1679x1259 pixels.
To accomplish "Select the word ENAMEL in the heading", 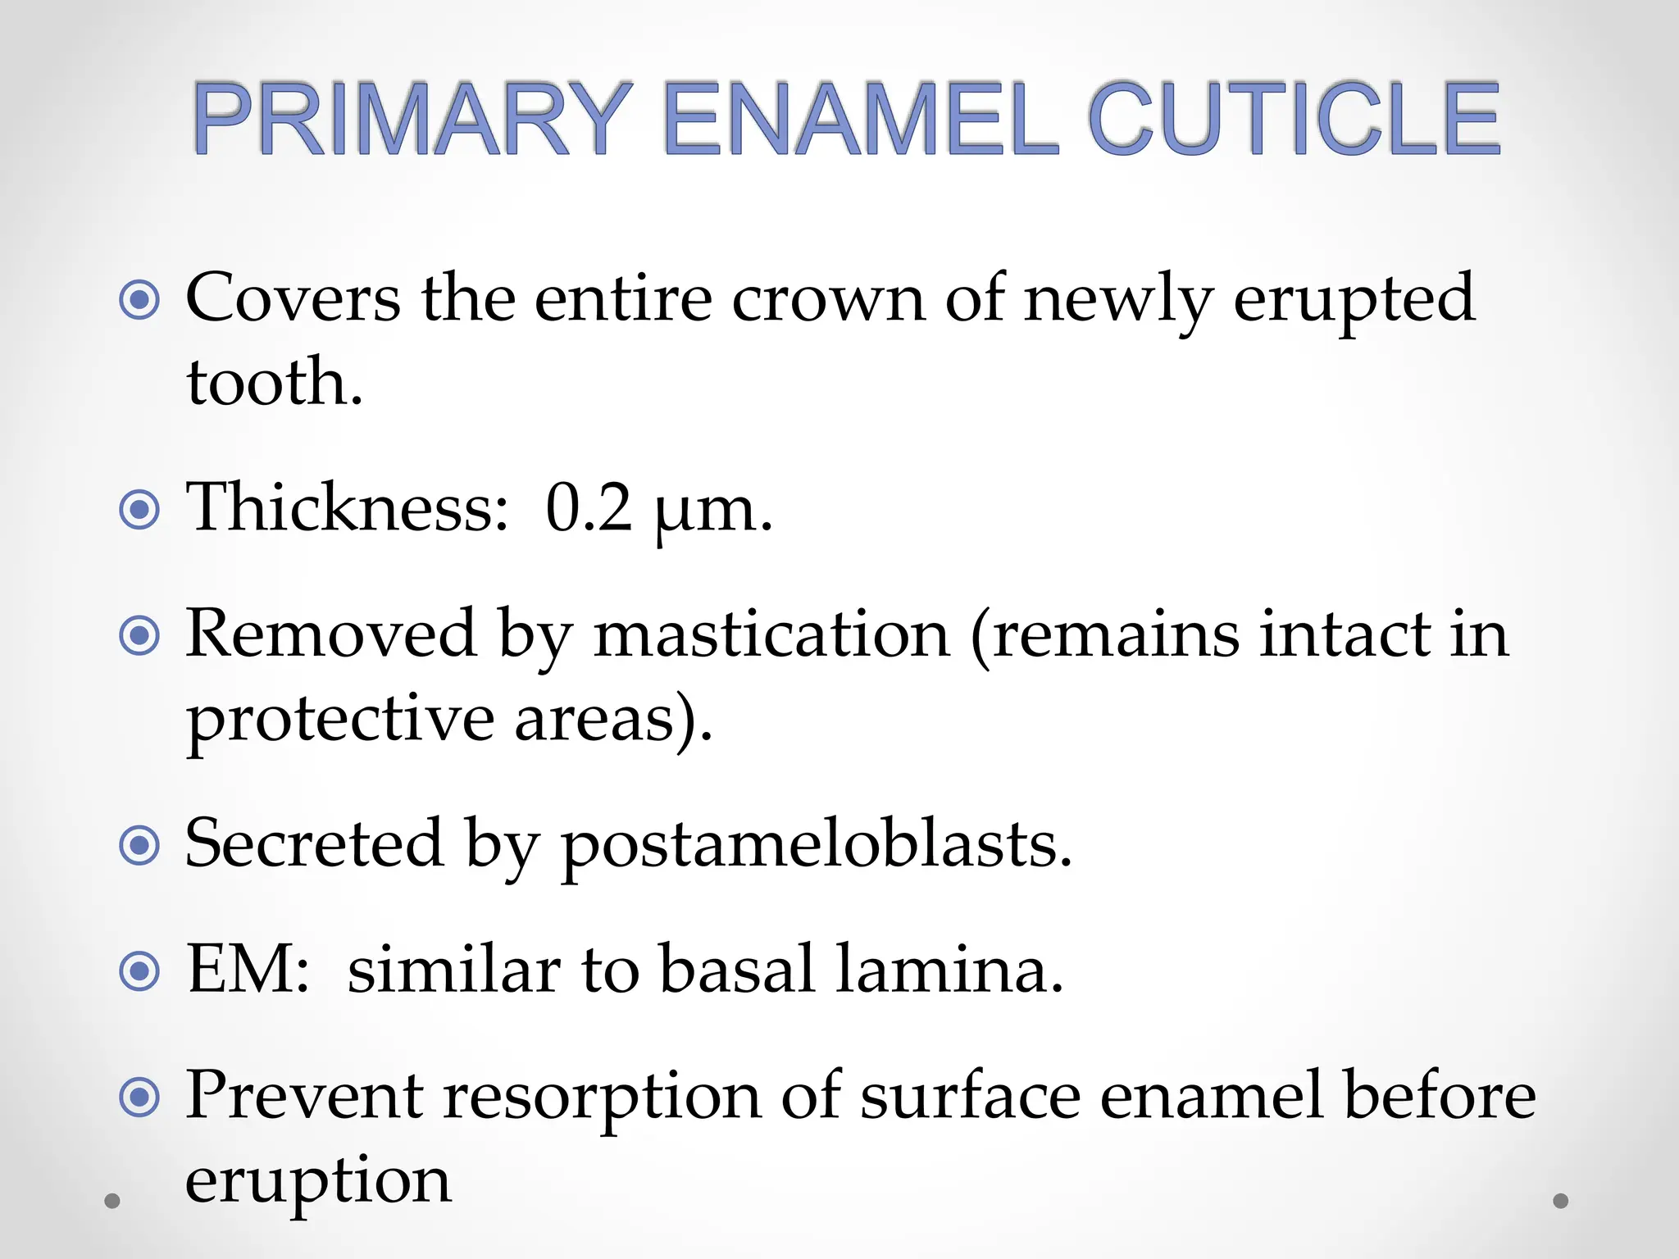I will coord(861,120).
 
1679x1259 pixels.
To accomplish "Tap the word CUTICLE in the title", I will coord(1295,120).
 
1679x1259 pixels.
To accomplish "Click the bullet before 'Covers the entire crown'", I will coord(139,300).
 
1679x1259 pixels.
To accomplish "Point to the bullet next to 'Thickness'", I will coord(139,510).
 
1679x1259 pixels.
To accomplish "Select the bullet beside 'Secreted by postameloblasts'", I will coord(139,845).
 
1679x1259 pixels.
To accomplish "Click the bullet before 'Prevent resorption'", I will coord(139,1097).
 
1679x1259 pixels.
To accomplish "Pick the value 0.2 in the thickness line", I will coord(589,508).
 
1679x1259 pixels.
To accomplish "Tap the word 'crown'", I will coord(828,298).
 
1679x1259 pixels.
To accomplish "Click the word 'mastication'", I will coord(771,634).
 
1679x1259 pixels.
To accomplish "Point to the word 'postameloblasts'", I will coord(816,845).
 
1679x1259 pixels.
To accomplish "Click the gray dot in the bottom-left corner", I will coord(112,1201).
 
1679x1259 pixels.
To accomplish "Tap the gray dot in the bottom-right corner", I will coord(1561,1201).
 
